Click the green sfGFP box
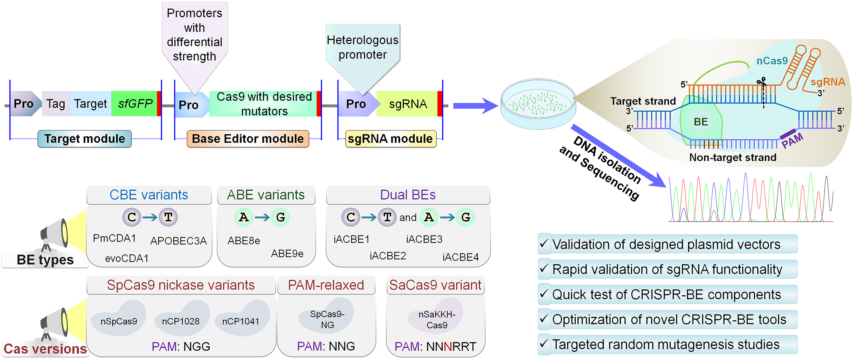tap(135, 104)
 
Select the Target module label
tap(85, 139)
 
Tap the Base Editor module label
tap(248, 139)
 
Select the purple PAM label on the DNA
tap(792, 140)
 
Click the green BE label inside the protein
tap(701, 122)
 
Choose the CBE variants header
tap(149, 195)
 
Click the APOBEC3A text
tap(178, 241)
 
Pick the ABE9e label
tap(287, 254)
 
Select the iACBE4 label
tap(460, 257)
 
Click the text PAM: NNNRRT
tap(435, 346)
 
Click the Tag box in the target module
tap(56, 104)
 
